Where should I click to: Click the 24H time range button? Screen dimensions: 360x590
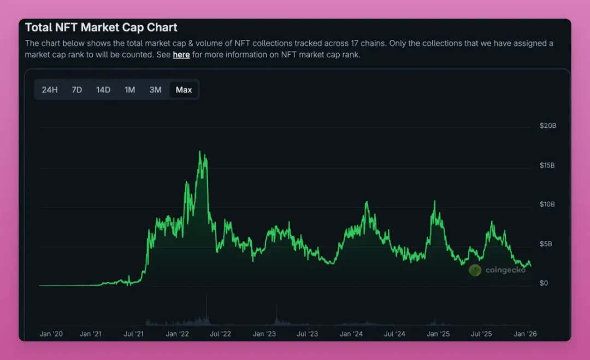point(50,90)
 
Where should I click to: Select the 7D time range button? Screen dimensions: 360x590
point(77,90)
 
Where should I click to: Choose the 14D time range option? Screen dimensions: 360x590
point(103,90)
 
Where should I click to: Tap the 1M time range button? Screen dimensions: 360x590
point(129,90)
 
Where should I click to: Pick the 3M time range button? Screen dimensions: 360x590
point(156,90)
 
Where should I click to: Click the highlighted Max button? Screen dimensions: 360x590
point(184,90)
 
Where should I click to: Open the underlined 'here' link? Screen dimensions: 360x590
point(181,55)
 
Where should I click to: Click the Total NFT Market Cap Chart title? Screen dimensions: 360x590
point(101,27)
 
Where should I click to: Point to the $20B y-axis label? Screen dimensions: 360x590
point(547,126)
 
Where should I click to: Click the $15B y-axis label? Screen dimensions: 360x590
point(547,165)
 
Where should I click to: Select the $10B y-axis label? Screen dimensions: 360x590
point(547,204)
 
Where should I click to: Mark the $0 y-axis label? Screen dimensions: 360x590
point(544,283)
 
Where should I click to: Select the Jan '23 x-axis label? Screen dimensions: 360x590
point(264,333)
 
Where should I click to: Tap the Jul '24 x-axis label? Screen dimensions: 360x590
point(394,333)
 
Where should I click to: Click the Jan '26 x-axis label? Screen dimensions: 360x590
point(524,333)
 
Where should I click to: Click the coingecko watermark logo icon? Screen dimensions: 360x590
point(475,270)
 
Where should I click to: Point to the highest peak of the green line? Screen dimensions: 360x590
point(200,151)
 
